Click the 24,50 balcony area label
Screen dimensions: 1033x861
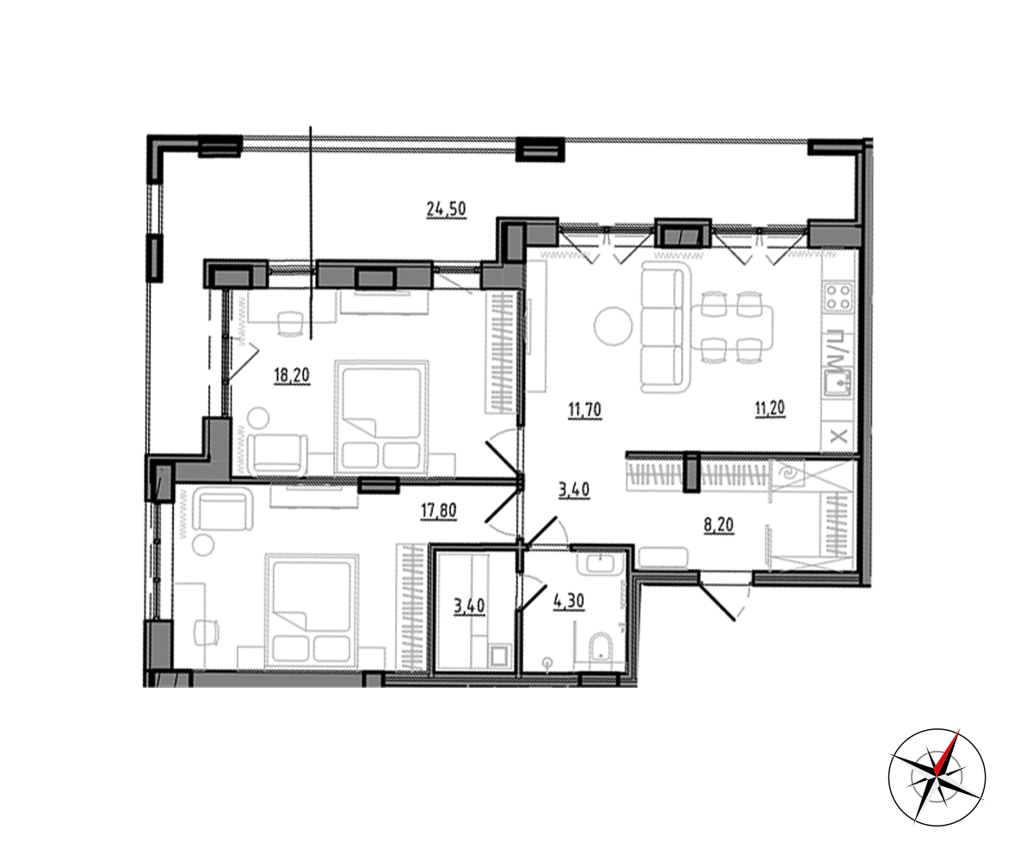pyautogui.click(x=446, y=209)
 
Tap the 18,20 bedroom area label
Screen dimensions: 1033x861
pyautogui.click(x=292, y=375)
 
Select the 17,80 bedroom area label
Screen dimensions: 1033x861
pyautogui.click(x=438, y=511)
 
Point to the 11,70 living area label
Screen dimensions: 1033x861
pyautogui.click(x=585, y=410)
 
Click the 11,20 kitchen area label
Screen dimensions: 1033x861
pyautogui.click(x=770, y=409)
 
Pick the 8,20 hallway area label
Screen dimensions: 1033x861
pyautogui.click(x=719, y=525)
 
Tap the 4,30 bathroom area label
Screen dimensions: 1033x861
pyautogui.click(x=569, y=601)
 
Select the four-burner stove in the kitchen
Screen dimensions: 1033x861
pyautogui.click(x=838, y=297)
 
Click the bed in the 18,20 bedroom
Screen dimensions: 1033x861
pyautogui.click(x=381, y=416)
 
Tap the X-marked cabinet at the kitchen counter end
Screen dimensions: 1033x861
pyautogui.click(x=838, y=437)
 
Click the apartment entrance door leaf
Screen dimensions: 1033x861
pyautogui.click(x=717, y=602)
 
